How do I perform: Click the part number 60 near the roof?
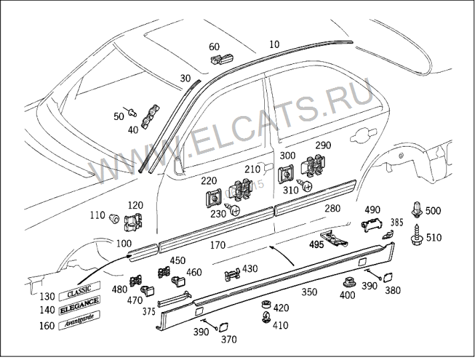214,47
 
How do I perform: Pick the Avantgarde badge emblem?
79,323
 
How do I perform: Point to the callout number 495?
316,244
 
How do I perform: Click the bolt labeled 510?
417,235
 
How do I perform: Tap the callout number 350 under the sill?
309,292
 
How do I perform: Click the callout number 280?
332,209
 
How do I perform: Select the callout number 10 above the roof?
274,44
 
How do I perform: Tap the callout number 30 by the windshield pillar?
185,78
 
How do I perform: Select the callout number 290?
323,145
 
